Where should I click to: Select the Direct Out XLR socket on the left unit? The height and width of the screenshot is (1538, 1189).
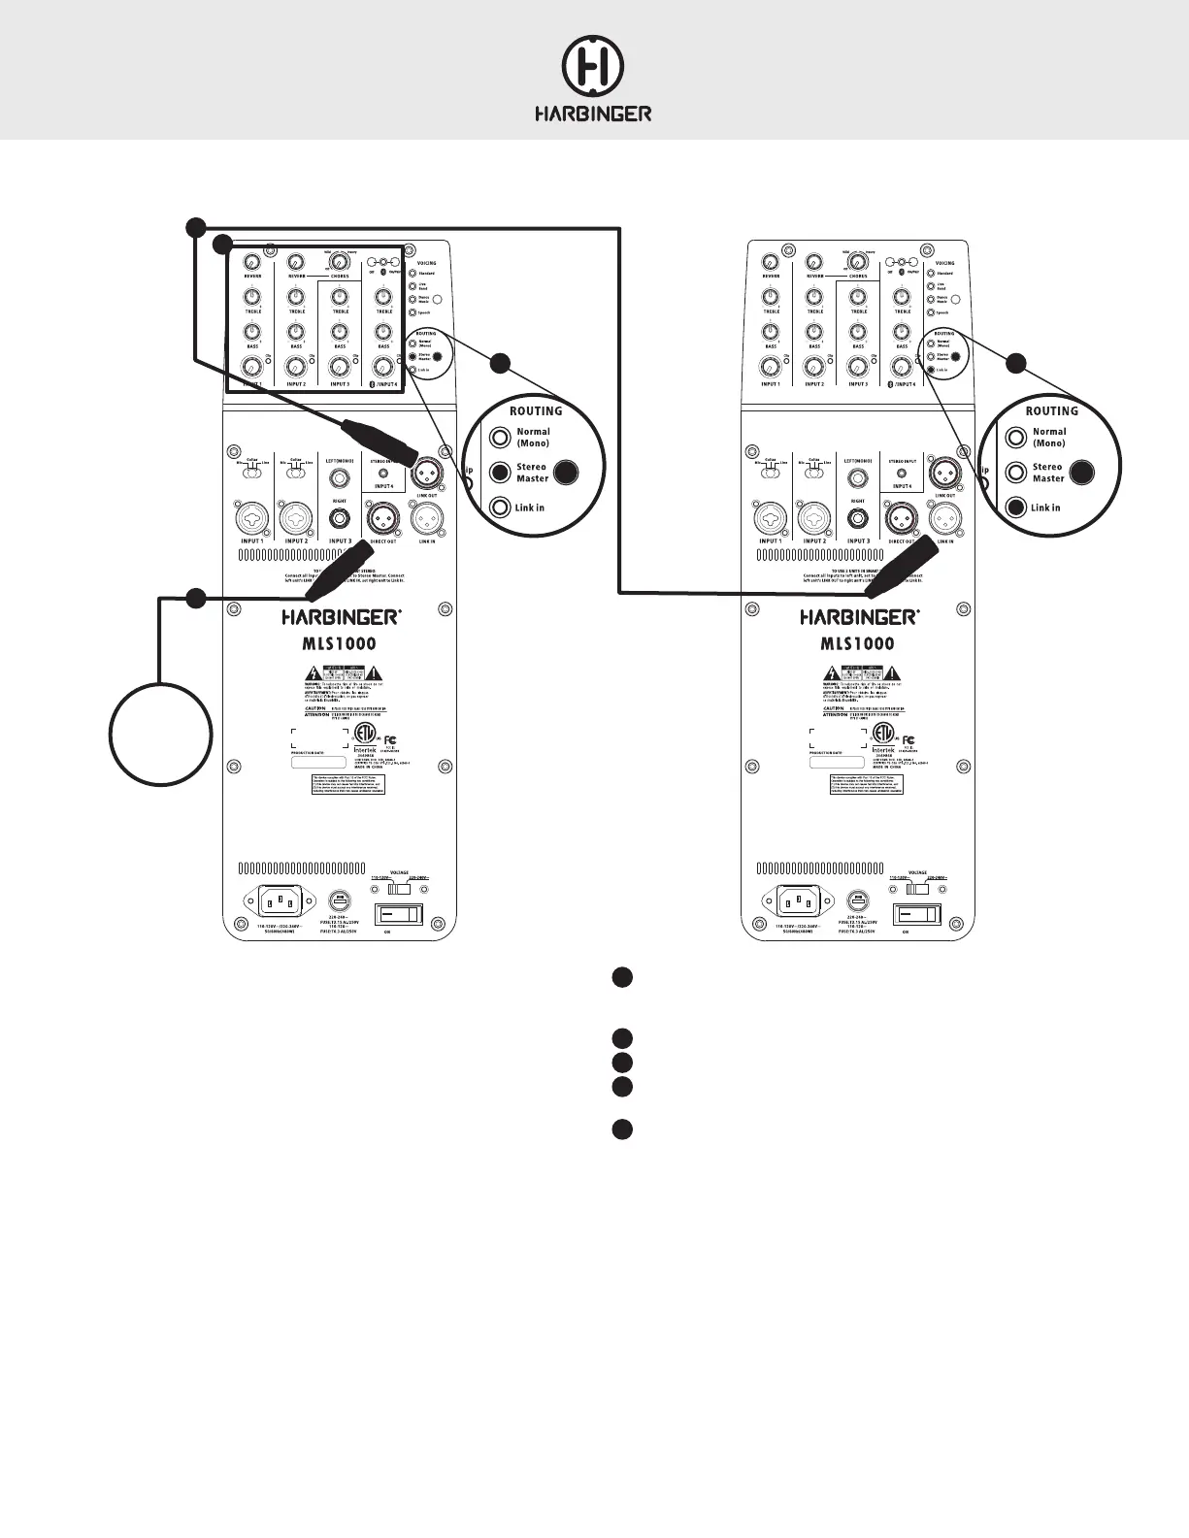pyautogui.click(x=382, y=519)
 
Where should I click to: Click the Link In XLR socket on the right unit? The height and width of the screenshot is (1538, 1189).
pyautogui.click(x=944, y=519)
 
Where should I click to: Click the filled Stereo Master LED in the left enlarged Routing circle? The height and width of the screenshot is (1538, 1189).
pyautogui.click(x=500, y=473)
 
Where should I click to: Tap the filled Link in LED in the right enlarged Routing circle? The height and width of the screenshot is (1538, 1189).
pyautogui.click(x=1016, y=507)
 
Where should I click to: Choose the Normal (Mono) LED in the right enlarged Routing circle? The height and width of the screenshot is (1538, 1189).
pyautogui.click(x=1016, y=438)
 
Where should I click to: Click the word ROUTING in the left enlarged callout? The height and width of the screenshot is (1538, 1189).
pyautogui.click(x=536, y=411)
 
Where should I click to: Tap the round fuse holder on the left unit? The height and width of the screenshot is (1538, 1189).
pyautogui.click(x=339, y=900)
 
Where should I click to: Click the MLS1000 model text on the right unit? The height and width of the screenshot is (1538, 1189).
pyautogui.click(x=858, y=643)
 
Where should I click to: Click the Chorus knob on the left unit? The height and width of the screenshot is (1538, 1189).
pyautogui.click(x=340, y=262)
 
